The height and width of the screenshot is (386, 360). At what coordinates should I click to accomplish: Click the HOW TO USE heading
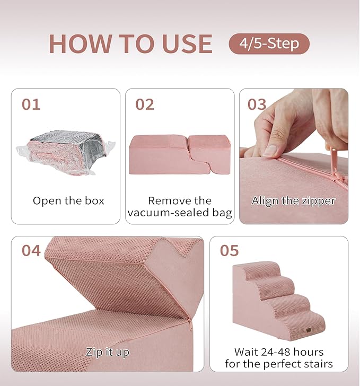pos(130,43)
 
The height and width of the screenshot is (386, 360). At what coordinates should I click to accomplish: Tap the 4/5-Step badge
pos(269,43)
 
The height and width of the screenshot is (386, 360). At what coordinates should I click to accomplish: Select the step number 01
pos(31,104)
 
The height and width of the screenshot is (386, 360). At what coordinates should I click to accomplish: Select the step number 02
pos(145,104)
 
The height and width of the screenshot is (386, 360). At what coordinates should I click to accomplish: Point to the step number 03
pos(257,104)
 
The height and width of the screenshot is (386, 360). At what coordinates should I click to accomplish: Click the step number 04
pos(31,250)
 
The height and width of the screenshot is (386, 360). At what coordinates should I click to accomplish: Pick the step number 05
pos(229,250)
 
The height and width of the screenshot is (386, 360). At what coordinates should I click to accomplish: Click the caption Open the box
pos(68,201)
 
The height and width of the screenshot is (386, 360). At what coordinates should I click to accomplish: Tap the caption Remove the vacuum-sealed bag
pos(180,207)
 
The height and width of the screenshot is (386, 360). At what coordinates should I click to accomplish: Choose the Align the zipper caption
pos(293,201)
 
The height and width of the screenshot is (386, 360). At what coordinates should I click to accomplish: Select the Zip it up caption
pos(108,352)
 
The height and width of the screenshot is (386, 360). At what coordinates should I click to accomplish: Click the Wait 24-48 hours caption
pos(279,358)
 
